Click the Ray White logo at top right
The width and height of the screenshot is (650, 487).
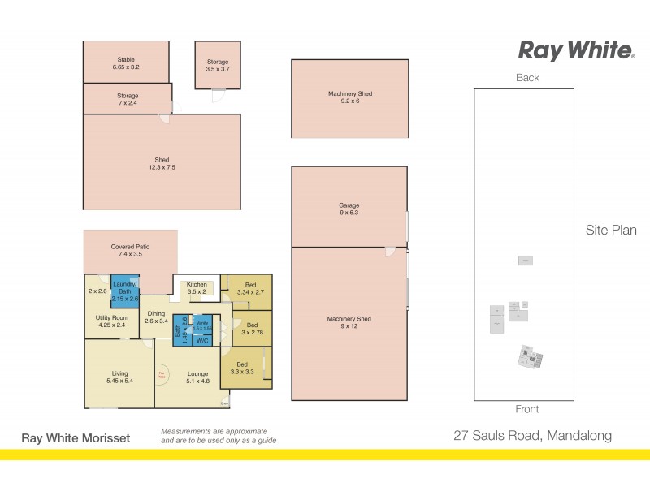click(576, 50)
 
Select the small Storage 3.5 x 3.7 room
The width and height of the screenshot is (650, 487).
click(217, 66)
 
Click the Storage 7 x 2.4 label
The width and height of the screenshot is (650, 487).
click(128, 100)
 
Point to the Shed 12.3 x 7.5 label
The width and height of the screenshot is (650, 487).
click(162, 163)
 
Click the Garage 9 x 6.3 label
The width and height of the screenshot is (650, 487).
click(349, 209)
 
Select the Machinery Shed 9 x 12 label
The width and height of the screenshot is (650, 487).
click(349, 323)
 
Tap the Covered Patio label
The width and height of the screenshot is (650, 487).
click(130, 250)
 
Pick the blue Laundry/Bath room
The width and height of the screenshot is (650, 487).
click(125, 291)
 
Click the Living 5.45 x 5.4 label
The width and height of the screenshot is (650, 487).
click(119, 376)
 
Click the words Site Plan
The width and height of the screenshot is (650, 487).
click(610, 231)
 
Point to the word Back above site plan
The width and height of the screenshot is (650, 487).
click(527, 78)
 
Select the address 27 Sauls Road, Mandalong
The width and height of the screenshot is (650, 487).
click(531, 436)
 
